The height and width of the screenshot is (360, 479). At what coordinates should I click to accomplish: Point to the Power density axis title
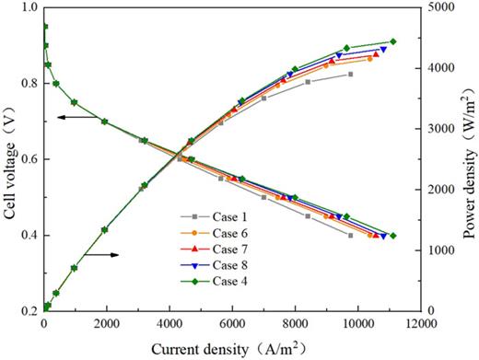(469, 158)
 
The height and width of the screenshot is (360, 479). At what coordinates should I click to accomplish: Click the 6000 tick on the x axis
(231, 325)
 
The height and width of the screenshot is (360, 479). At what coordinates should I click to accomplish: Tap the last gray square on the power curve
(350, 74)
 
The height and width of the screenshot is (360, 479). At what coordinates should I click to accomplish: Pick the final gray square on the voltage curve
(350, 236)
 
